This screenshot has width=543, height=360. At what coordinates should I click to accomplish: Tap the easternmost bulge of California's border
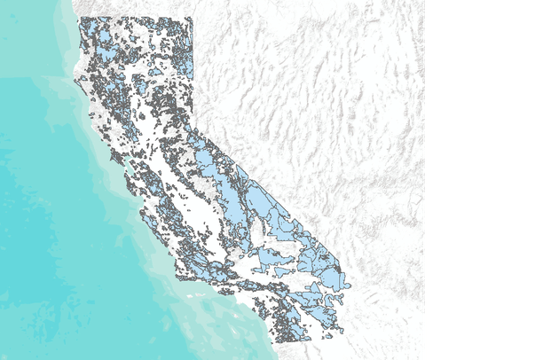point(350,286)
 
